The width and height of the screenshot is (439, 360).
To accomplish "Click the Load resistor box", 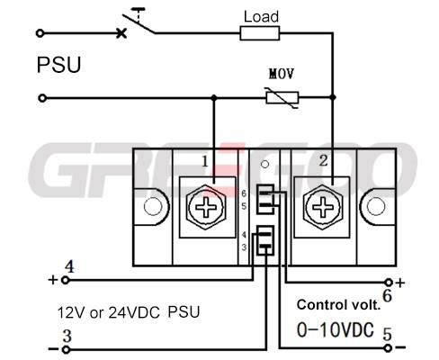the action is (260, 33).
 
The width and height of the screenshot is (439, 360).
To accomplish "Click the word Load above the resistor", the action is (261, 17).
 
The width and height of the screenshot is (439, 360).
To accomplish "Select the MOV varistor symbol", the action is (282, 98).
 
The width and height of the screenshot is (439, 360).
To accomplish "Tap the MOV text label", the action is (282, 74).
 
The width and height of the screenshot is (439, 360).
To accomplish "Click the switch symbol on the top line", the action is (137, 22).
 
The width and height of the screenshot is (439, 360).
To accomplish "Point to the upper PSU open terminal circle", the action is (40, 33).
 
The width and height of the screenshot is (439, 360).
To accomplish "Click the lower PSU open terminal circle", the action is (42, 98).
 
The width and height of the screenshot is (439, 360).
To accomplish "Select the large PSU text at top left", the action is (58, 65).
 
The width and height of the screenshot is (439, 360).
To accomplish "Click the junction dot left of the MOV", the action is (213, 98).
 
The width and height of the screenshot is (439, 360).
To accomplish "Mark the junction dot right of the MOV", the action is (333, 97).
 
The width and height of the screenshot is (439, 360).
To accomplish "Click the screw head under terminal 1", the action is (206, 207).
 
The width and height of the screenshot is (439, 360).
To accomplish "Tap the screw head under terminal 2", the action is (323, 207).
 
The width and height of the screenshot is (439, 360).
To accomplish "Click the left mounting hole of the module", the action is (153, 206).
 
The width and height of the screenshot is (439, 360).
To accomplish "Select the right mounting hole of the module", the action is (376, 206).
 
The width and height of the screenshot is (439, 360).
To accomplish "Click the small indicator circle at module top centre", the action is (264, 164).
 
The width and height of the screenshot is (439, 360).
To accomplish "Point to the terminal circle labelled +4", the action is (66, 281).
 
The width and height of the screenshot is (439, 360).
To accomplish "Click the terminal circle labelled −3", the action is (66, 349).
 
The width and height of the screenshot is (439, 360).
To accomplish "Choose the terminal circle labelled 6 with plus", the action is (389, 283).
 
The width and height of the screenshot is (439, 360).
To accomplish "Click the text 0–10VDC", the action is (336, 329).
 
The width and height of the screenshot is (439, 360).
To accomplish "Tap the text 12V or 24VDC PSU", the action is (129, 312).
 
